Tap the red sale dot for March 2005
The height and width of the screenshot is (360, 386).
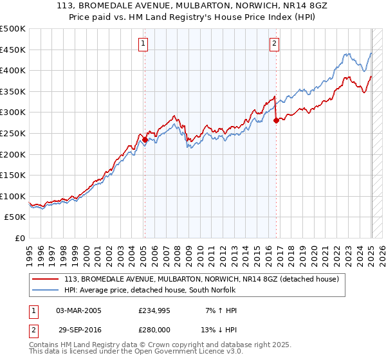[145, 139]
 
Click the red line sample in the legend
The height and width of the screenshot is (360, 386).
[45, 279]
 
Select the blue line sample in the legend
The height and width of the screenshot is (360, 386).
[45, 290]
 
